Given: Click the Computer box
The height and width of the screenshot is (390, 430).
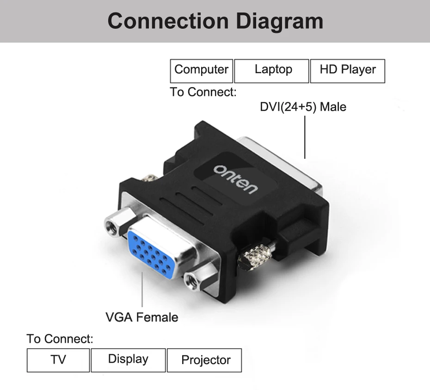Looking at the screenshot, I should coord(201,70).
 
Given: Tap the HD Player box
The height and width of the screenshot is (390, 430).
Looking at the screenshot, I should coord(348,70).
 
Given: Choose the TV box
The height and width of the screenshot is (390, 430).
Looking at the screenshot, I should coord(58,360).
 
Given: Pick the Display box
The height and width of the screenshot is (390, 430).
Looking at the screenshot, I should coord(128,360).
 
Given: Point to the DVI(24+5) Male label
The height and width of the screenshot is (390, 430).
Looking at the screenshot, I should coord(303,107).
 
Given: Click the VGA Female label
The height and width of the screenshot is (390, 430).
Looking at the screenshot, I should coord(141,317).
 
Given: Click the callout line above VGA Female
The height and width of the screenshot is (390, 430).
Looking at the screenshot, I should coord(142,289).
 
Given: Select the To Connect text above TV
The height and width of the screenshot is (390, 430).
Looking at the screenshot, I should coord(60,339).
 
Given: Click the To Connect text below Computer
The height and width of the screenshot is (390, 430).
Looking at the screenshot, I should coord(203,92).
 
